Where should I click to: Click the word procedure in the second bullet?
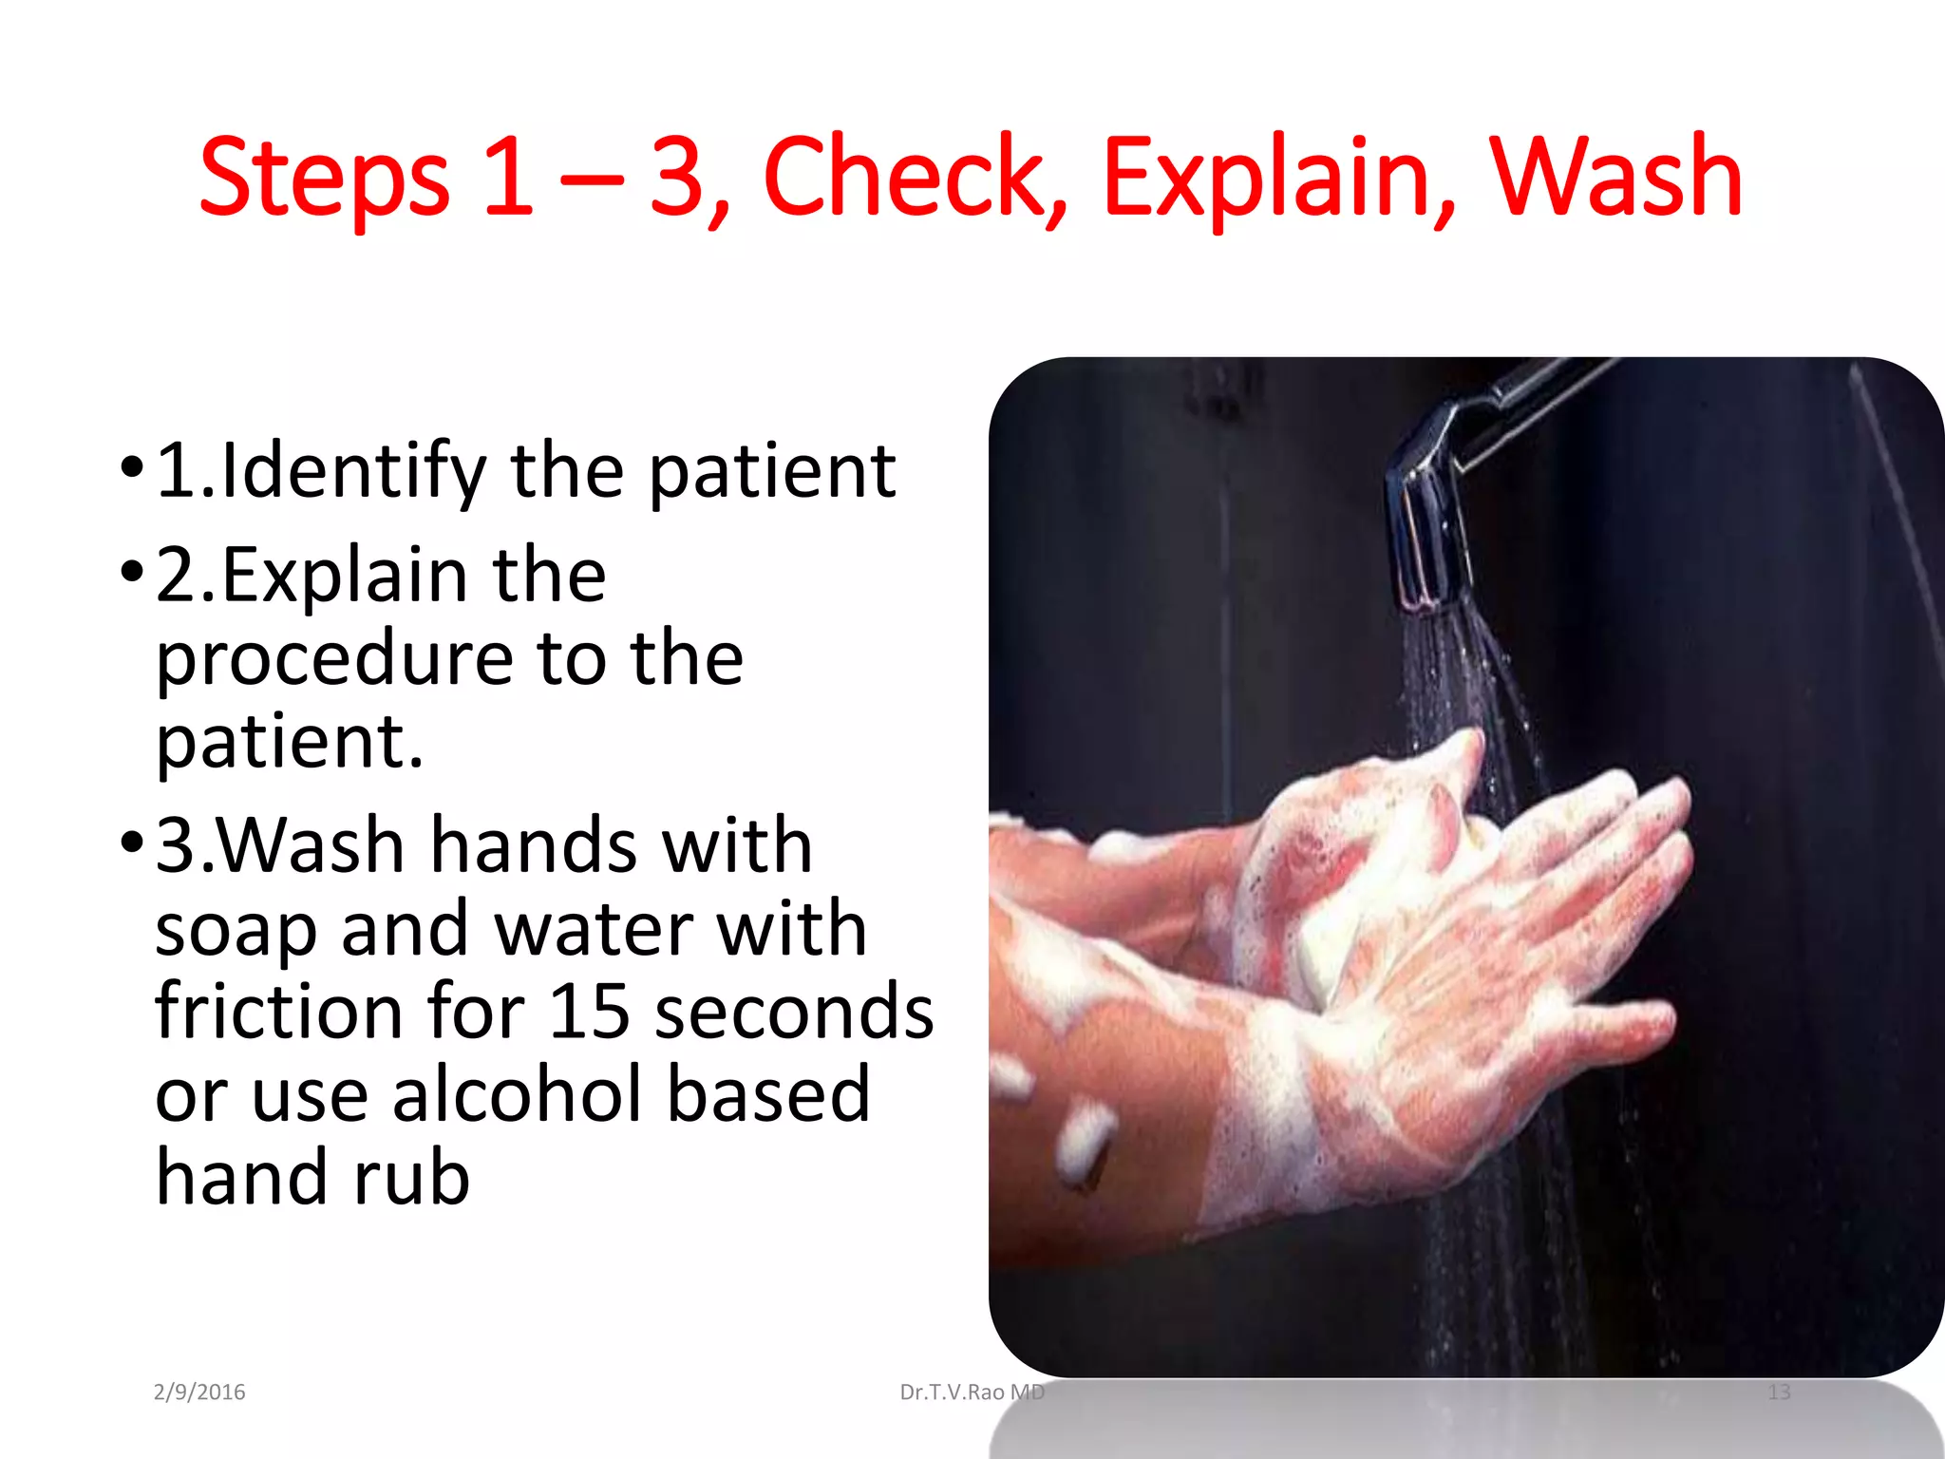pos(333,659)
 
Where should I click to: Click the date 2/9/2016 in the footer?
pos(199,1393)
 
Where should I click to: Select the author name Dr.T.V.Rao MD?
pos(972,1393)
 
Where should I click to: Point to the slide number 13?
pos(1779,1393)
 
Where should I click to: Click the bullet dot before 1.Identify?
pos(132,466)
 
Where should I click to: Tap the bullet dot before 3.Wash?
pos(132,842)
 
